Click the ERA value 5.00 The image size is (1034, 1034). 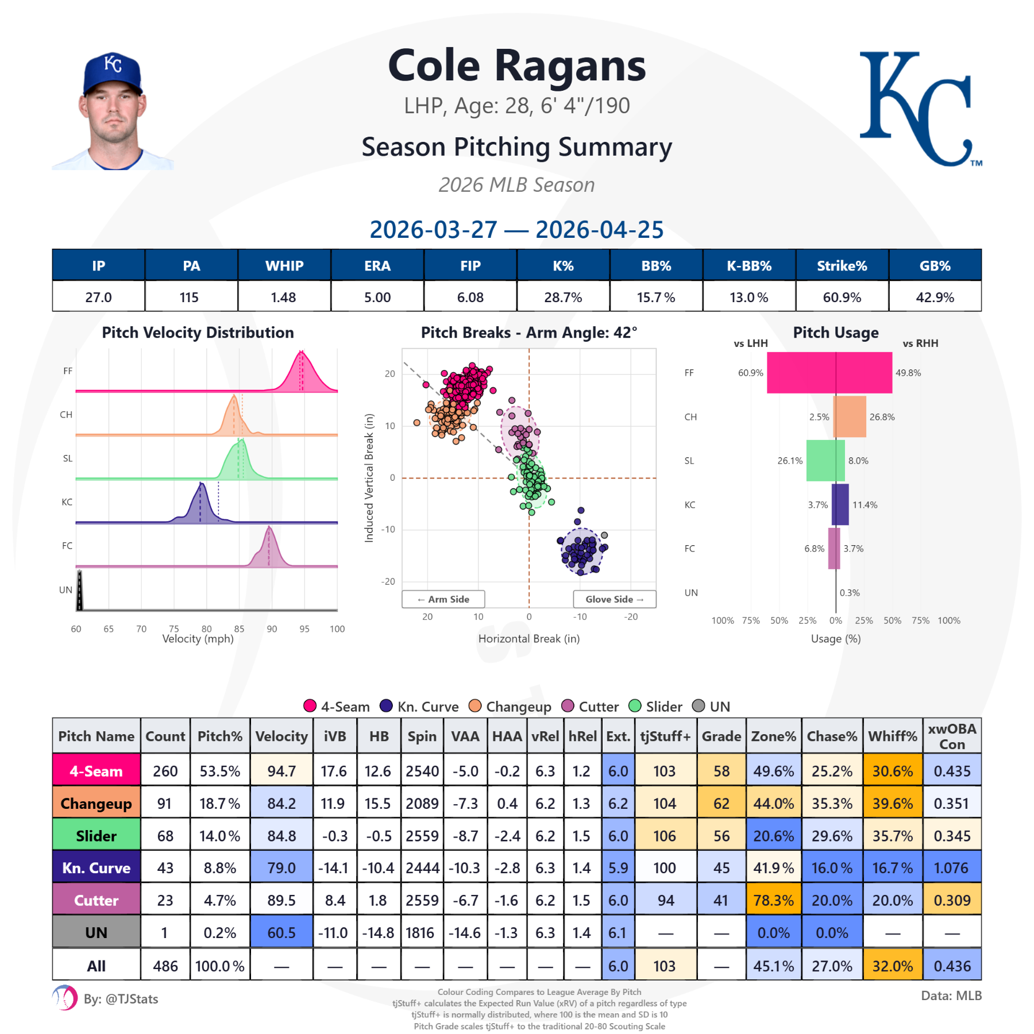tap(377, 297)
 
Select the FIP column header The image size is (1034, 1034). tap(470, 265)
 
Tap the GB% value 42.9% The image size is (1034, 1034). tap(935, 297)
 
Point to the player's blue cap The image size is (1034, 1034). tap(113, 72)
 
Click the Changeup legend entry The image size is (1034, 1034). tap(510, 706)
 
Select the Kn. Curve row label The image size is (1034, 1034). tap(97, 867)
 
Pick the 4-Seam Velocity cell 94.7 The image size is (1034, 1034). tap(281, 771)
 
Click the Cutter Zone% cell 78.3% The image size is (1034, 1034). tap(773, 900)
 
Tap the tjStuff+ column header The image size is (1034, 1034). tap(665, 736)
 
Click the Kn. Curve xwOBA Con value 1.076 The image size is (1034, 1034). tap(951, 867)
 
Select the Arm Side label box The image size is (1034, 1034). tap(443, 599)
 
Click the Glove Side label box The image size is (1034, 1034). tap(614, 599)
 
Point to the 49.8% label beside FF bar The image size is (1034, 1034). tap(908, 373)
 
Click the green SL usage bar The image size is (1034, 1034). tap(825, 460)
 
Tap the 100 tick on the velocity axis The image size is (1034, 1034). tap(337, 629)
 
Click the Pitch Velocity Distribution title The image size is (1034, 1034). tap(198, 333)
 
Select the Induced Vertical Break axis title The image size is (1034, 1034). tap(369, 477)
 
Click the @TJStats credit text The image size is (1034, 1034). tap(121, 999)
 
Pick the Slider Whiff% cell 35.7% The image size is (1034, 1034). tap(892, 836)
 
